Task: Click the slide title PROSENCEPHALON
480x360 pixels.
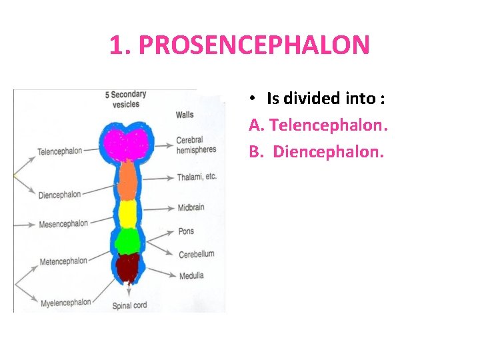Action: click(x=239, y=45)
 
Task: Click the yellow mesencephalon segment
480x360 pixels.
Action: click(x=127, y=213)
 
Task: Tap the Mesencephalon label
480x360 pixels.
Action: click(x=63, y=224)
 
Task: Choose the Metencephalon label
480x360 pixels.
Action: click(x=63, y=261)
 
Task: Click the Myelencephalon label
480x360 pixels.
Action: click(x=65, y=303)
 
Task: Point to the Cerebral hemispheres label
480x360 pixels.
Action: click(x=196, y=145)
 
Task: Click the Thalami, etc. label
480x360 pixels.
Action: click(x=197, y=177)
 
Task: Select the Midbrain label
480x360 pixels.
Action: click(x=191, y=208)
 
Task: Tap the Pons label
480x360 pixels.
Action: click(x=186, y=231)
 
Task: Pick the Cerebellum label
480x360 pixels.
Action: click(x=197, y=254)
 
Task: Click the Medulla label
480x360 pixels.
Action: click(x=191, y=275)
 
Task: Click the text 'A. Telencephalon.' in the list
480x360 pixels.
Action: click(x=319, y=125)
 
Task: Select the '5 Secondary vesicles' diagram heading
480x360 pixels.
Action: click(x=126, y=99)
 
